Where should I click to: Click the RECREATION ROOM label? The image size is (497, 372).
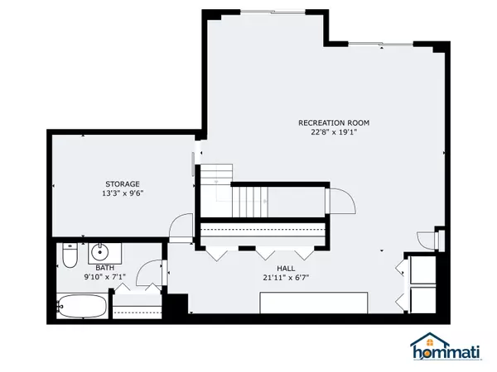(x=334, y=123)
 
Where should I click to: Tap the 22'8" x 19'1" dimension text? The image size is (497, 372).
(x=334, y=132)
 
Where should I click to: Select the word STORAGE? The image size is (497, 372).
(x=122, y=184)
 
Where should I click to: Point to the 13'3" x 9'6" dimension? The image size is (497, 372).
(x=122, y=193)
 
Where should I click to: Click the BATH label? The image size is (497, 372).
(x=104, y=268)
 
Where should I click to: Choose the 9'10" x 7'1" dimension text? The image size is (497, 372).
(x=104, y=277)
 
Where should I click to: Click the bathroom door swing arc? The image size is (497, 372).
(x=150, y=274)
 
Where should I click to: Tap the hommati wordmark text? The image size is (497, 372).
(x=448, y=354)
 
